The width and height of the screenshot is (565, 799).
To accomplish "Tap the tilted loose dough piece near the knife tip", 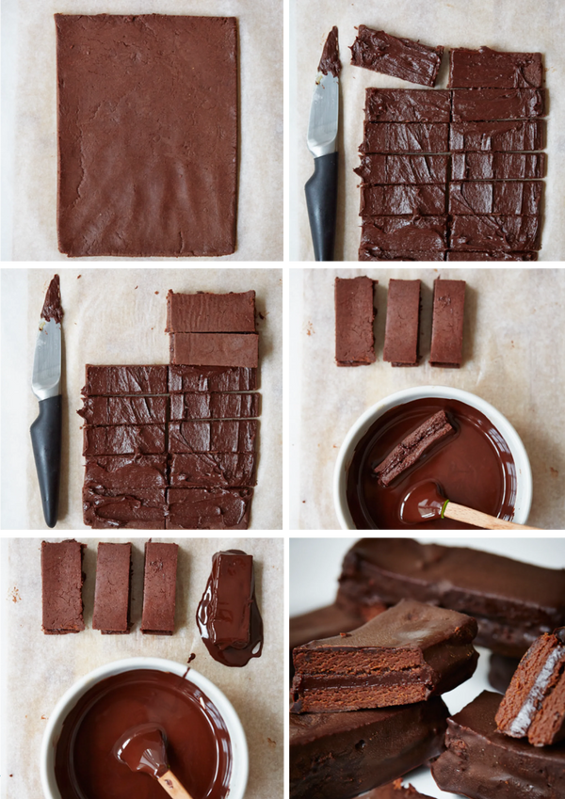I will pyautogui.click(x=396, y=56).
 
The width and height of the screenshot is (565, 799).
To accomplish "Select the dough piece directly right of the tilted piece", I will pyautogui.click(x=495, y=69).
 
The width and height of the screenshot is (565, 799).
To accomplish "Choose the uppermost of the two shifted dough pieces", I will pyautogui.click(x=211, y=312).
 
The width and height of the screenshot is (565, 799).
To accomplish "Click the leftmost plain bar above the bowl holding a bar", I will pyautogui.click(x=354, y=321).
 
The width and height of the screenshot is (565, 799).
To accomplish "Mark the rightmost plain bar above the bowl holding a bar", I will pyautogui.click(x=447, y=322).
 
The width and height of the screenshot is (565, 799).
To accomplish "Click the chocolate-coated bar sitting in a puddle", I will pyautogui.click(x=231, y=599).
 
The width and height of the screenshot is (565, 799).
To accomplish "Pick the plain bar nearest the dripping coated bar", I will pyautogui.click(x=159, y=586).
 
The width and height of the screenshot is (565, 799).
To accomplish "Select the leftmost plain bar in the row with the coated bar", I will pyautogui.click(x=62, y=586).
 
